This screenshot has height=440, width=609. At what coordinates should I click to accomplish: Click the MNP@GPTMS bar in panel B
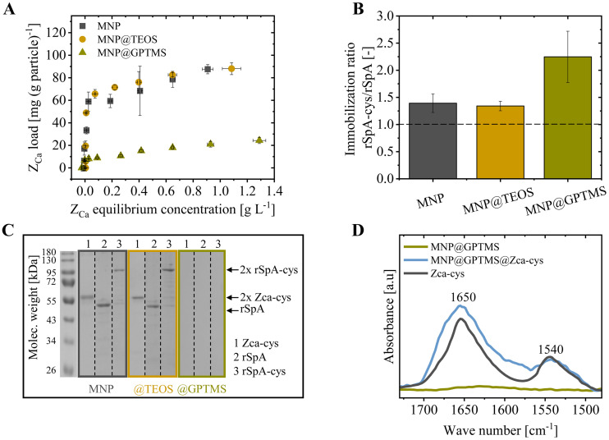[x=567, y=117]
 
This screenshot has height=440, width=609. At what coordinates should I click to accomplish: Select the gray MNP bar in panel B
[x=433, y=140]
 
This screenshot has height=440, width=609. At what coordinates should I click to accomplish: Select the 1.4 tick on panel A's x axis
[x=274, y=191]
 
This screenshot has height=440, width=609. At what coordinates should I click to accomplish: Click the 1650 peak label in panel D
[x=464, y=297]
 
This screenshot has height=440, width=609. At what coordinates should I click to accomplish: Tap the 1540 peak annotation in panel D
[x=551, y=350]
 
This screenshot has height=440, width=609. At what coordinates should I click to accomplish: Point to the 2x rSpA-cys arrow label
[x=269, y=269]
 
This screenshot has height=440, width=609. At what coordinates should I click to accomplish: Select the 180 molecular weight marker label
[x=48, y=253]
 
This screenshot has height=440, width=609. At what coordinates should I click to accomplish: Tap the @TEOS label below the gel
[x=153, y=388]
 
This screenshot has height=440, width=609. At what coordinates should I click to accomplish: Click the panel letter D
[x=358, y=230]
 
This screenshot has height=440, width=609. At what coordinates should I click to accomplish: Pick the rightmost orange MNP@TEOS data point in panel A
[x=231, y=69]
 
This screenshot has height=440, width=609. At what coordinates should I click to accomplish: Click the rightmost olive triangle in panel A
[x=259, y=140]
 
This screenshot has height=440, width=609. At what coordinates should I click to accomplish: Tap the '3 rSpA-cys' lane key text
[x=259, y=371]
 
